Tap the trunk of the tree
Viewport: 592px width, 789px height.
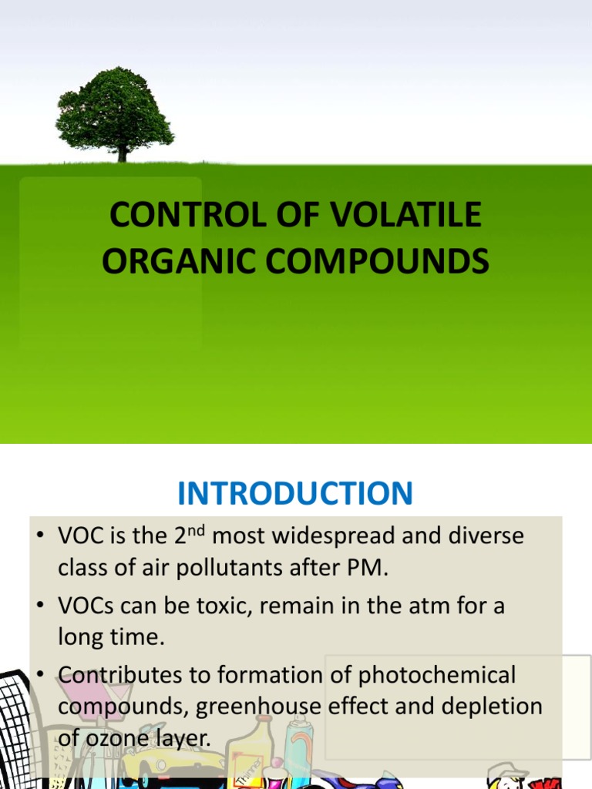click(122, 153)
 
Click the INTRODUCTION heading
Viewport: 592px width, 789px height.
click(295, 494)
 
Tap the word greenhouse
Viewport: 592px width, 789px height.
click(274, 707)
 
